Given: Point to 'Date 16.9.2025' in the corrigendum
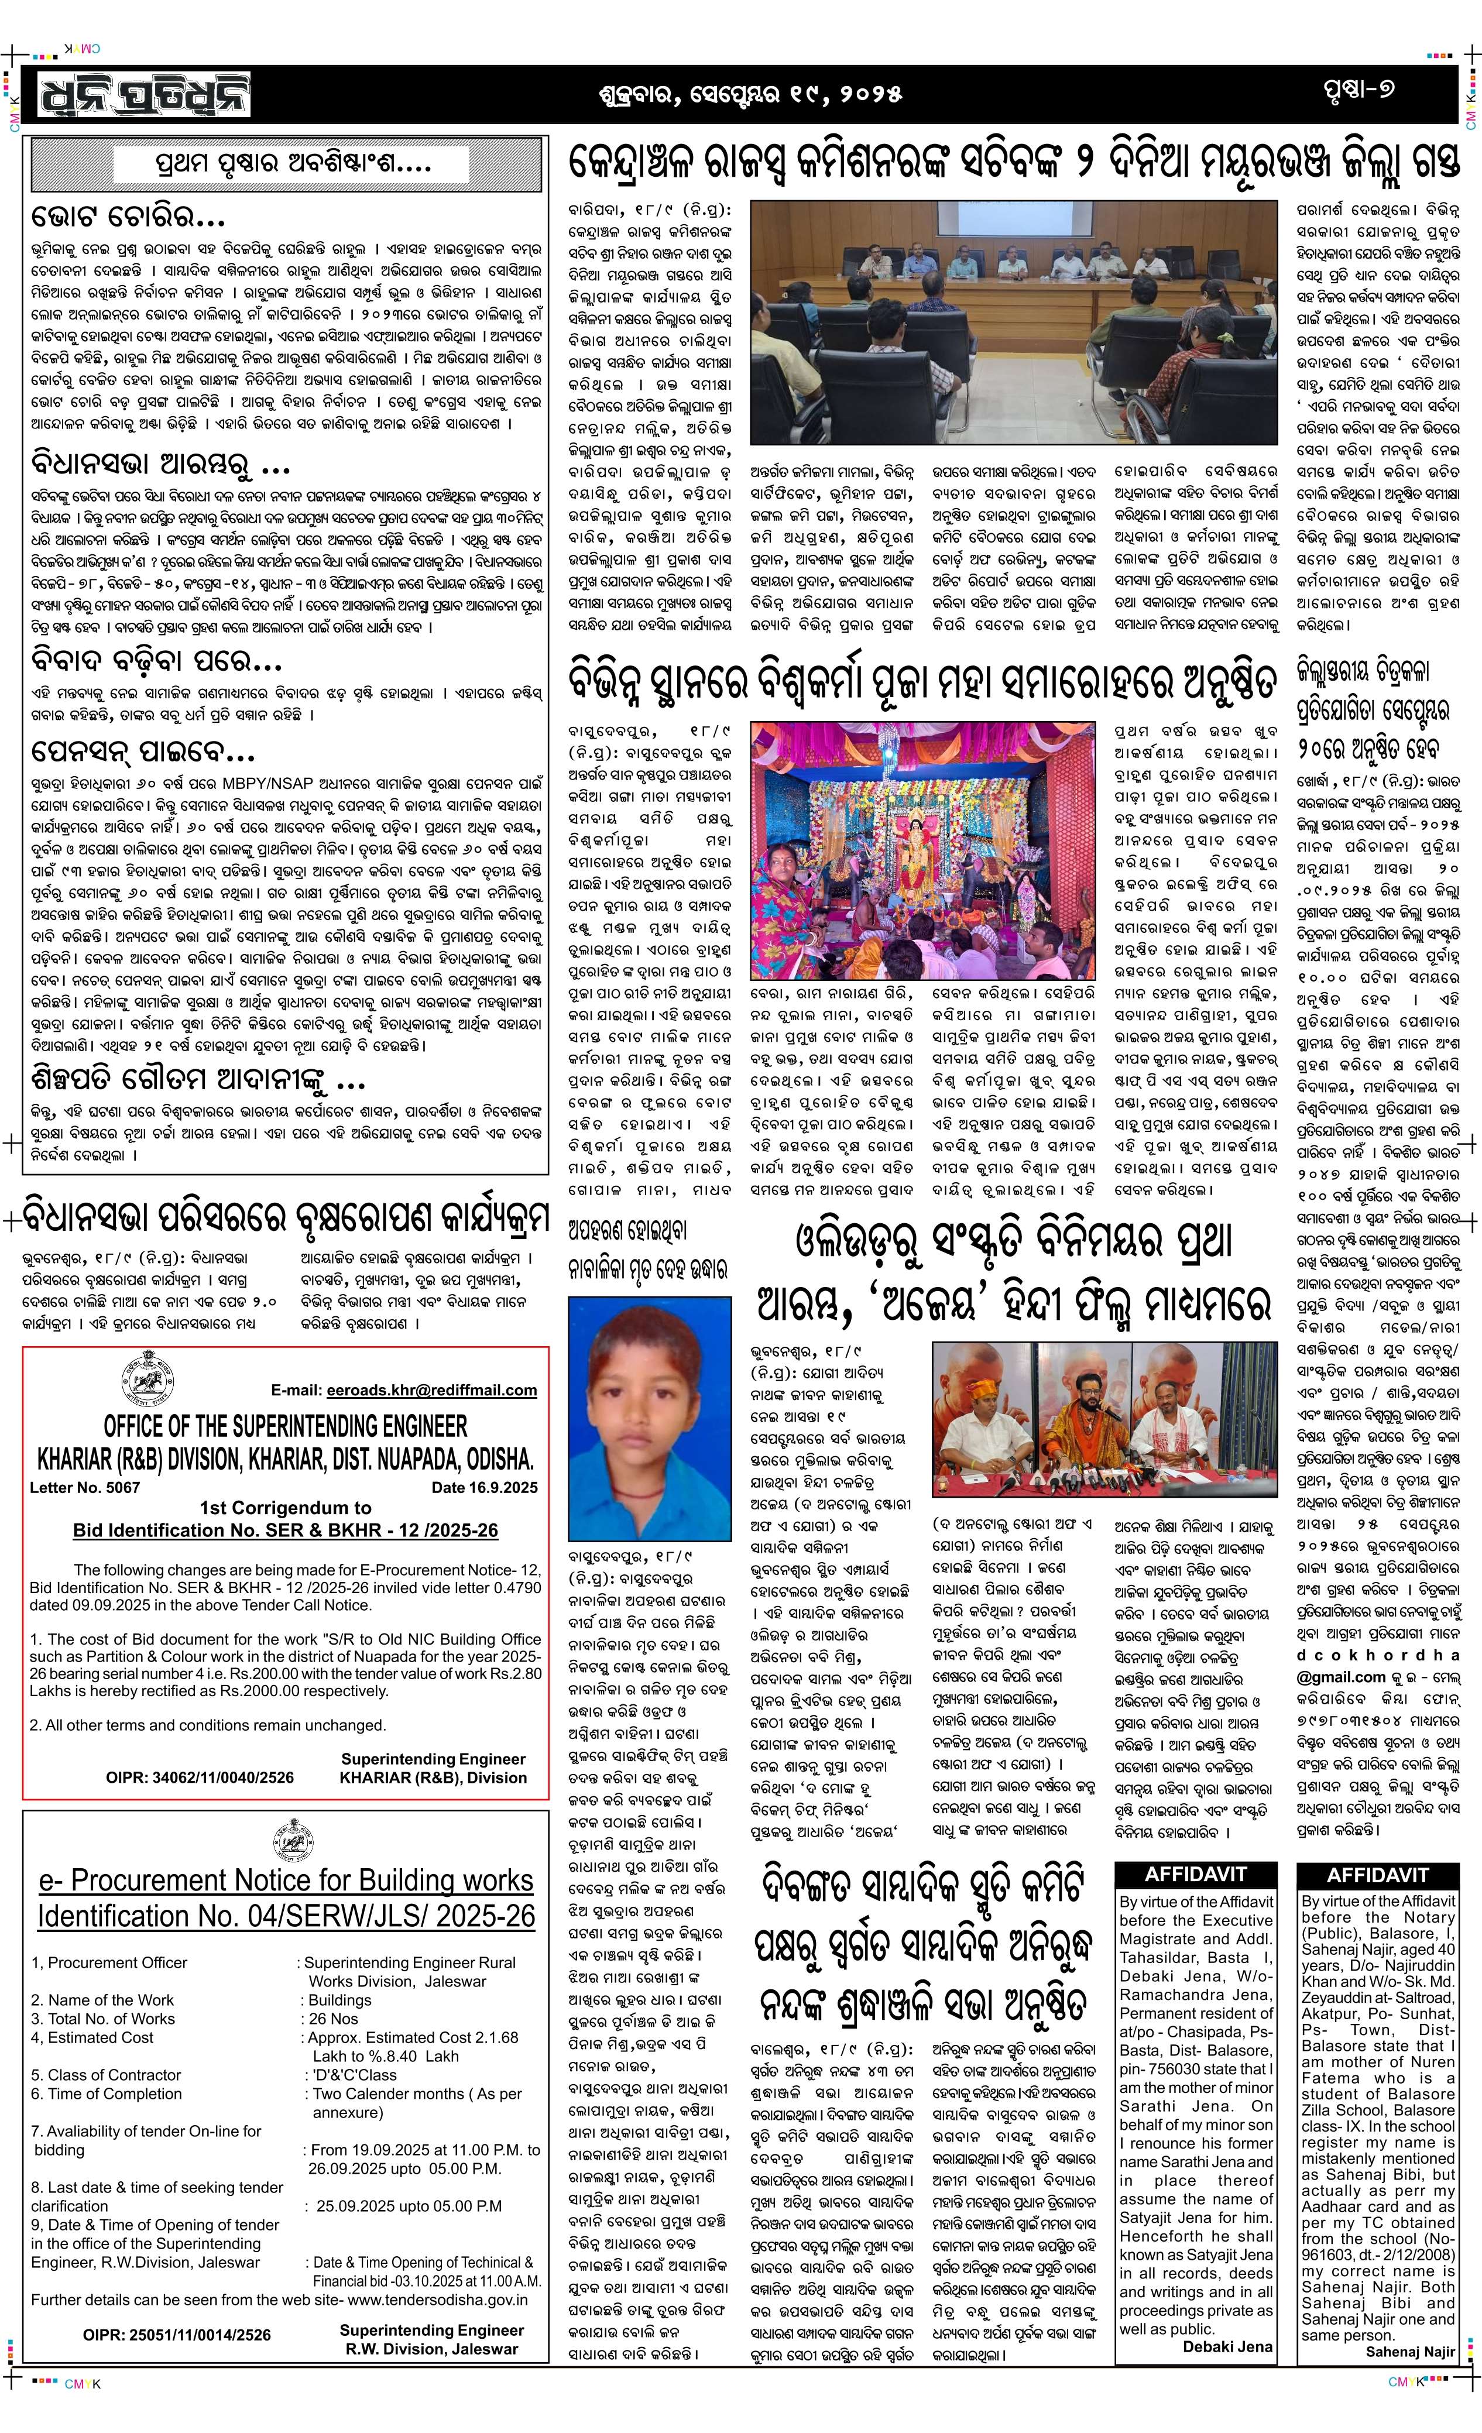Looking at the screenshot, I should tap(484, 1487).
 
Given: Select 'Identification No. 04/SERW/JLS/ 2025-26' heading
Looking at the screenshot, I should tap(286, 1917).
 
